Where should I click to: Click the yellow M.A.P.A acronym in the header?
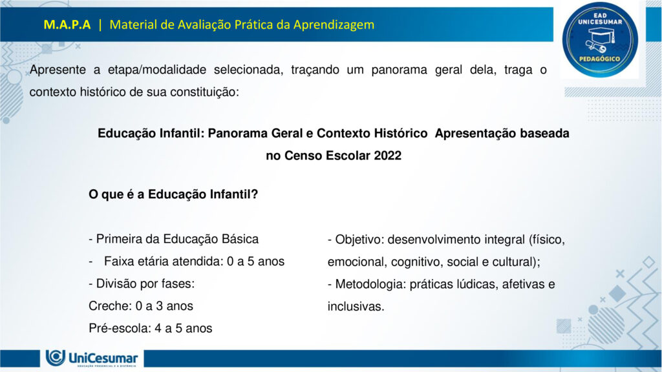click(67, 25)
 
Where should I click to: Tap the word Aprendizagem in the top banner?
click(334, 25)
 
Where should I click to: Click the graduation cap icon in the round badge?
click(600, 39)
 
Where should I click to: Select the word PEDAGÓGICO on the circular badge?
click(599, 59)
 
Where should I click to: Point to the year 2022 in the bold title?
click(388, 156)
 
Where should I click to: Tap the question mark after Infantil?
click(254, 194)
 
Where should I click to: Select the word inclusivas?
click(356, 307)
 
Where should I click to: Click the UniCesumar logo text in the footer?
click(103, 358)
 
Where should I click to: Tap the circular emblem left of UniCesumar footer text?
click(56, 357)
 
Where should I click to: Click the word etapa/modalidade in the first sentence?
click(156, 70)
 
